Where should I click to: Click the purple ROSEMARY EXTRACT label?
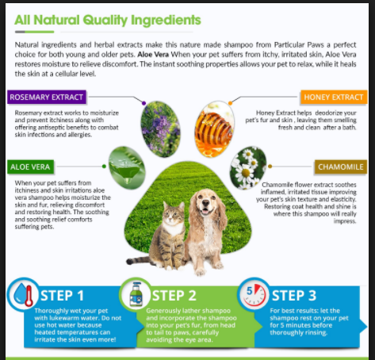[x=47, y=97]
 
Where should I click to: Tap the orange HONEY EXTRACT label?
[x=334, y=97]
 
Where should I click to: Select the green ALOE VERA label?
[x=30, y=167]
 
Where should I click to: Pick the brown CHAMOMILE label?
[x=341, y=167]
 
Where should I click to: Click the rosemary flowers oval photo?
[x=160, y=129]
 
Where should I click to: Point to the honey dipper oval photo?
[x=214, y=129]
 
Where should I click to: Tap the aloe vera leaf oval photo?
[x=127, y=167]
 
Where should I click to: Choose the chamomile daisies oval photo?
[x=248, y=168]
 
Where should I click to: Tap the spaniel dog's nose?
[x=206, y=203]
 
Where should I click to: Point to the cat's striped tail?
[x=138, y=261]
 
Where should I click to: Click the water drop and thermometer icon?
[x=23, y=294]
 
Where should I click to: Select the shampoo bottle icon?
[x=136, y=294]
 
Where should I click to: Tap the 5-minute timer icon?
[x=254, y=294]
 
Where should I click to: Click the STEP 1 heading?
[x=63, y=296]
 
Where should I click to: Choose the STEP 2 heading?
[x=174, y=296]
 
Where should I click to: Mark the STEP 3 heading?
[x=294, y=296]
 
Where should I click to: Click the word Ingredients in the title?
[x=166, y=20]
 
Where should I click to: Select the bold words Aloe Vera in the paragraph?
[x=153, y=55]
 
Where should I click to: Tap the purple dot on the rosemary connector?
[x=143, y=103]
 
